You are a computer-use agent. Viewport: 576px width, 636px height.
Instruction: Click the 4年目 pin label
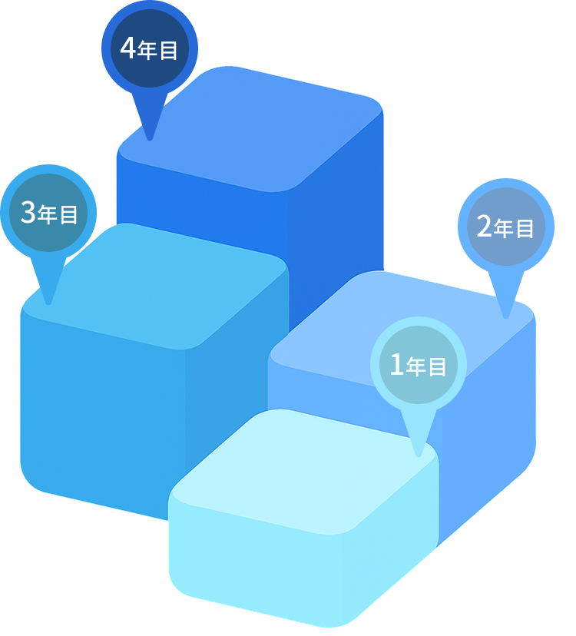pyautogui.click(x=150, y=50)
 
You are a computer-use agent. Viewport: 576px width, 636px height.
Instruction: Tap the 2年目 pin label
pyautogui.click(x=505, y=227)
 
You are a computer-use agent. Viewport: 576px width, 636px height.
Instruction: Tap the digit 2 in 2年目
pyautogui.click(x=484, y=227)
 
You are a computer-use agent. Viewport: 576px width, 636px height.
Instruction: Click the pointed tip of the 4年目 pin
pyautogui.click(x=150, y=139)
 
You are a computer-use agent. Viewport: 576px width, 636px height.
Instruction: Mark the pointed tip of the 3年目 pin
pyautogui.click(x=48, y=303)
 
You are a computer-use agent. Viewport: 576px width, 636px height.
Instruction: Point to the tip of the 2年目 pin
pyautogui.click(x=505, y=316)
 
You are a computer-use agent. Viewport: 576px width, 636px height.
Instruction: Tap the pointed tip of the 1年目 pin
pyautogui.click(x=419, y=455)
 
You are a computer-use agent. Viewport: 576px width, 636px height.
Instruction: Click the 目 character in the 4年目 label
pyautogui.click(x=169, y=51)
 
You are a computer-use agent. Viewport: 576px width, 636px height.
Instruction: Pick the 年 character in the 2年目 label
pyautogui.click(x=504, y=228)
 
